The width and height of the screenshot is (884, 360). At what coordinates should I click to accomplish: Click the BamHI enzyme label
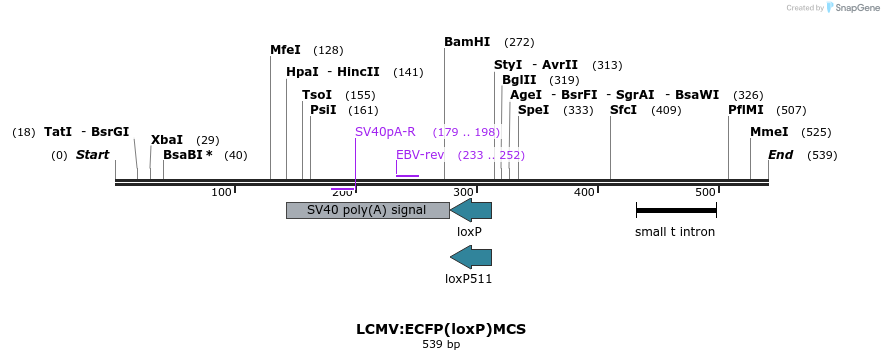467,42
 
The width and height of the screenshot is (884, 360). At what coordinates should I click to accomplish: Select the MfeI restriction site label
285,50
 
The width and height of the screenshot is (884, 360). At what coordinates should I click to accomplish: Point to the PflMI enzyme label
746,110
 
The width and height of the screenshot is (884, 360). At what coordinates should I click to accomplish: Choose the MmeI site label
769,132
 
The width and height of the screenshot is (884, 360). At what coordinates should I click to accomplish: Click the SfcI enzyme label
623,110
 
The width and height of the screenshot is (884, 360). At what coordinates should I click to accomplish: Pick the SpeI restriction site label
533,110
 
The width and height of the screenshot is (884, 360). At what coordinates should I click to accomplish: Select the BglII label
520,80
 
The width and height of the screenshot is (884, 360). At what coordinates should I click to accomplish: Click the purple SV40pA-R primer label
385,132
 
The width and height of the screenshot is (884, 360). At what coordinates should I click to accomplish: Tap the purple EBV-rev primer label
420,155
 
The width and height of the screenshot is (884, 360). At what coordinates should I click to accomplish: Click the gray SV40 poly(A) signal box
367,210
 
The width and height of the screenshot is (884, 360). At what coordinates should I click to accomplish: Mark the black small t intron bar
676,211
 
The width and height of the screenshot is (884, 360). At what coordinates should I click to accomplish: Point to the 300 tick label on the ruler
464,192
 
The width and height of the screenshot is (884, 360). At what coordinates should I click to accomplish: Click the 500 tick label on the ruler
705,192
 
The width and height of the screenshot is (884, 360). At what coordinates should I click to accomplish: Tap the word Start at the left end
93,155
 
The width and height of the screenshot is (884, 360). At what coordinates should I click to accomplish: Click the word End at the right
780,155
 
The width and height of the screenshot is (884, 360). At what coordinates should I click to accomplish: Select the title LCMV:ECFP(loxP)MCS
441,329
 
